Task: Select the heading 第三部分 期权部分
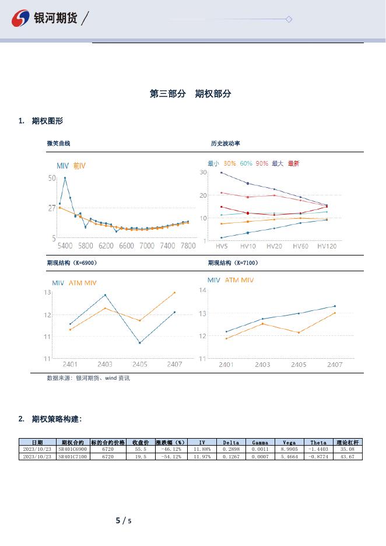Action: (191, 94)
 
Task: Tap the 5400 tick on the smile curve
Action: (65, 246)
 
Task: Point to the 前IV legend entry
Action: (79, 166)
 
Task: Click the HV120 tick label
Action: (327, 246)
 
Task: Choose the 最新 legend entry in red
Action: (293, 164)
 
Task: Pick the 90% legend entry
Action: (262, 164)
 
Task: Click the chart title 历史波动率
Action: (226, 143)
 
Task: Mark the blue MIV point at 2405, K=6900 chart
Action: (140, 342)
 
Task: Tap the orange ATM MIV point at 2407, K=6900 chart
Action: (174, 292)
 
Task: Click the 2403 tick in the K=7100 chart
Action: (262, 365)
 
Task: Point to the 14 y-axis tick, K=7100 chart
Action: (203, 290)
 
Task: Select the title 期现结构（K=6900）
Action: (72, 263)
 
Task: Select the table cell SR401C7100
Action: (73, 457)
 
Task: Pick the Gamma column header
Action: (260, 443)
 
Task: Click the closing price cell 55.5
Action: (141, 450)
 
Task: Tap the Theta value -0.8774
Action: (318, 457)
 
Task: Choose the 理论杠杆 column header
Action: (348, 443)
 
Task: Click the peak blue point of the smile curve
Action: (65, 178)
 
